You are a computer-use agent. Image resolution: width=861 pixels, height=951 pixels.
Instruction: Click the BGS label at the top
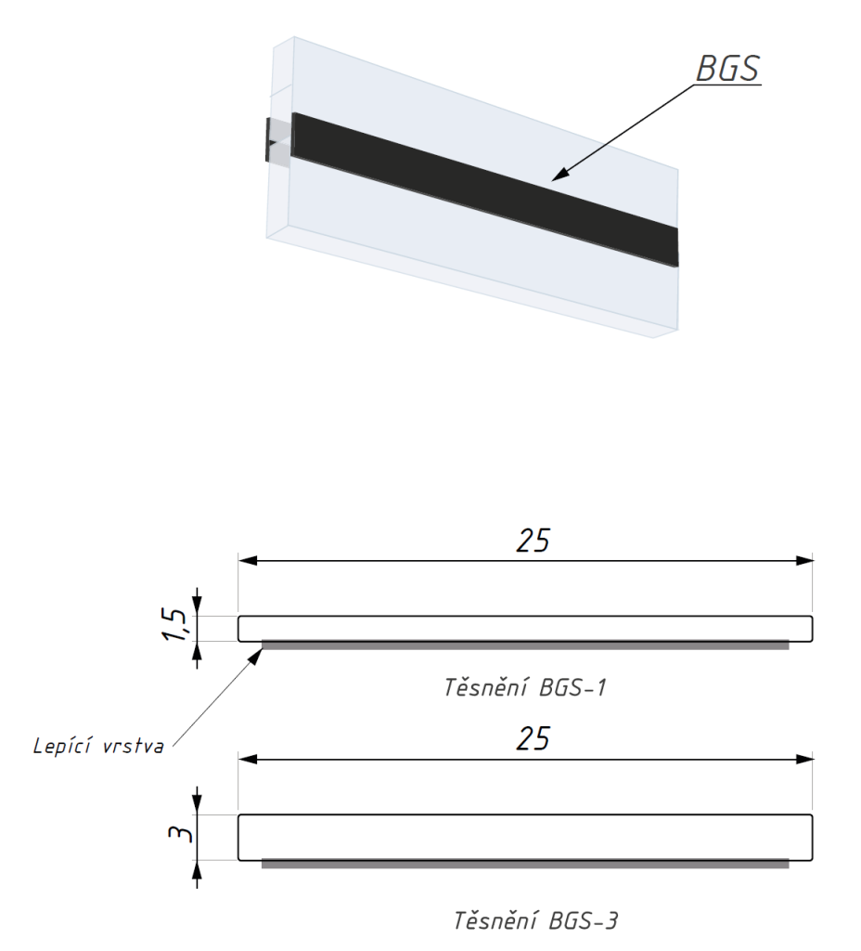(x=727, y=69)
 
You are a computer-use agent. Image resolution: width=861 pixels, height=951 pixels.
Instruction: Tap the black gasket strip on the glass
(x=484, y=189)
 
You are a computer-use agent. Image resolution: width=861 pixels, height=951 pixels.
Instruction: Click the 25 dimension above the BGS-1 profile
(x=533, y=541)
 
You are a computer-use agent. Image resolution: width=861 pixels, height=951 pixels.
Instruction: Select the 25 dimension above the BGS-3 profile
(x=533, y=738)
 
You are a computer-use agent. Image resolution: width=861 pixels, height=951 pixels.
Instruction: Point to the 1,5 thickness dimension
(x=174, y=624)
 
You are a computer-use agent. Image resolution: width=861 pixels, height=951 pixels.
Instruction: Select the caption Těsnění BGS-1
(x=525, y=688)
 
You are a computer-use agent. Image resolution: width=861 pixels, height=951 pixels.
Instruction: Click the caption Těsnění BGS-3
(x=535, y=920)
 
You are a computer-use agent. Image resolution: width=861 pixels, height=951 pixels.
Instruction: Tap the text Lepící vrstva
(x=98, y=746)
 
